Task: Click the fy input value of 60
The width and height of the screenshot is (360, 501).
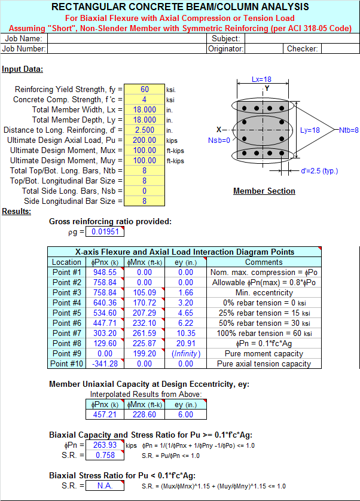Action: (145, 90)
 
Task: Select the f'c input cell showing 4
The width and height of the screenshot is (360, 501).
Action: (144, 99)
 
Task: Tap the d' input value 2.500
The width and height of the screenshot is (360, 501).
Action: (145, 130)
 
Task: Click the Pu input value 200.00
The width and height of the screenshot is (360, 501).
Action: (145, 140)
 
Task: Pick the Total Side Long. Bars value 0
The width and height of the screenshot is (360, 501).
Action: (144, 191)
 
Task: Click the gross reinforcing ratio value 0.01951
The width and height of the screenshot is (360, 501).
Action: (105, 231)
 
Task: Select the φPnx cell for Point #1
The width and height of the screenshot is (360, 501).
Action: (105, 272)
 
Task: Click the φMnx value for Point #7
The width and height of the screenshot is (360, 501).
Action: (145, 333)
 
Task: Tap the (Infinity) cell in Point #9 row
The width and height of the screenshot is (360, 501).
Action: (186, 354)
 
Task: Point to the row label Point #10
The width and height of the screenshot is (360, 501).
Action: (66, 364)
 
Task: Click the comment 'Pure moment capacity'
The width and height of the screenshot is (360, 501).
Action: (264, 354)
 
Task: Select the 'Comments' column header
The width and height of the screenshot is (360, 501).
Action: (264, 262)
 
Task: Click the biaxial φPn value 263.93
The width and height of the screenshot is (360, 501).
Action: (105, 445)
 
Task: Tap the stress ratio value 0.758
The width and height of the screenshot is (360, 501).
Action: (105, 456)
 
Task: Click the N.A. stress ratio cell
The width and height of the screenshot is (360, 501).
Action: (105, 486)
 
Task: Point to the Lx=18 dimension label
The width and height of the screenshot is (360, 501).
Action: (261, 80)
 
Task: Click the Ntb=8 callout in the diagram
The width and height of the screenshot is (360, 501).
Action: (349, 130)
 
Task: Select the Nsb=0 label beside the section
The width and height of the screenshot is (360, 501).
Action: (219, 140)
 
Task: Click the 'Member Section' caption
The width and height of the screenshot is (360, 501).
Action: (264, 191)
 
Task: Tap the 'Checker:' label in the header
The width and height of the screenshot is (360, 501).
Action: (302, 49)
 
